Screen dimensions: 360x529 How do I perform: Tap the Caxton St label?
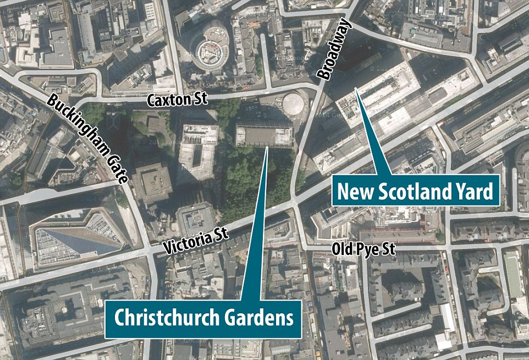tap(177, 99)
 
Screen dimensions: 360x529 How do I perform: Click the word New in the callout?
tap(355, 192)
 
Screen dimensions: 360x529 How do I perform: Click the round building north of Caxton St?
tap(209, 51)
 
